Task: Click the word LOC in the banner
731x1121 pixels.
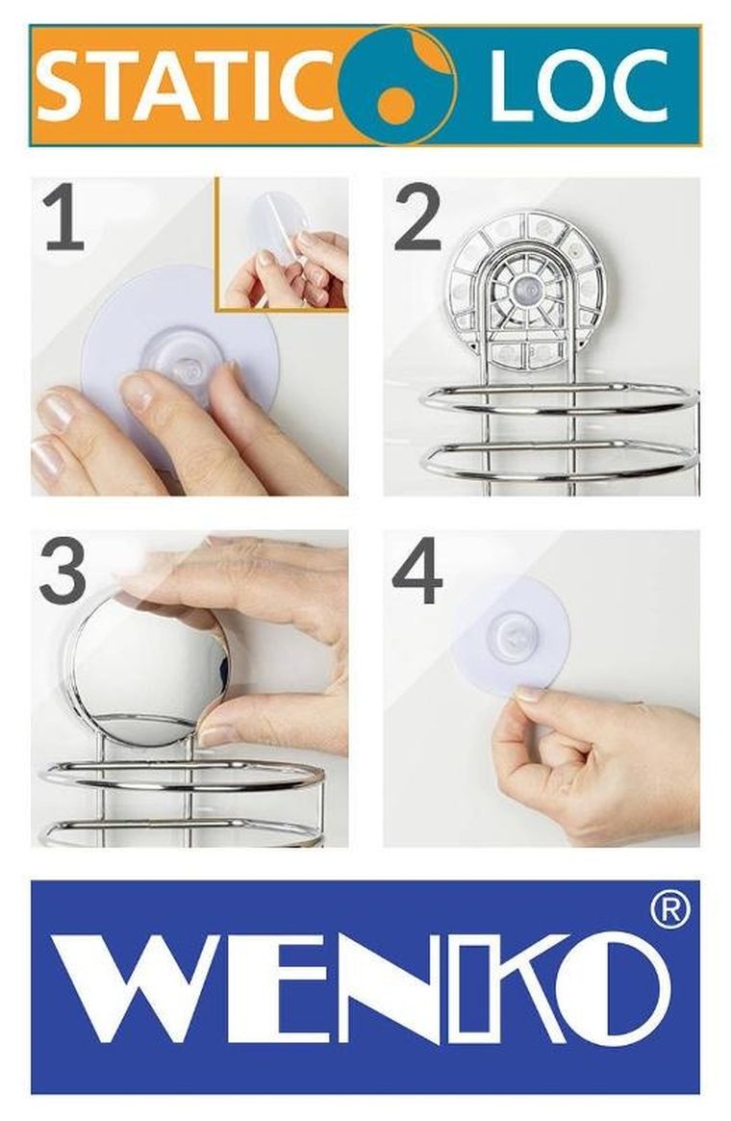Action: pyautogui.click(x=579, y=86)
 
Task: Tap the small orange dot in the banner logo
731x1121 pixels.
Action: pyautogui.click(x=397, y=107)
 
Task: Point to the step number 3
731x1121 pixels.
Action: pyautogui.click(x=65, y=572)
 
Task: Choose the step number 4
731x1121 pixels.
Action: pyautogui.click(x=418, y=571)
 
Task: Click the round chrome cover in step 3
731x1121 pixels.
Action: pyautogui.click(x=149, y=669)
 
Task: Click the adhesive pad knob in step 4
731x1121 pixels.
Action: pyautogui.click(x=512, y=633)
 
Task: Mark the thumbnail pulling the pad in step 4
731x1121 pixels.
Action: pyautogui.click(x=529, y=693)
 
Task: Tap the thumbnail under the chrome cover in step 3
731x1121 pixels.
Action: pyautogui.click(x=215, y=735)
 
